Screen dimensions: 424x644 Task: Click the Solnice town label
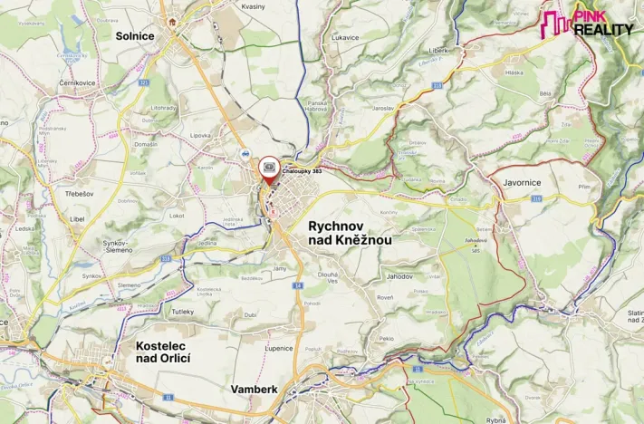click(x=135, y=35)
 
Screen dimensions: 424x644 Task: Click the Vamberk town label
click(x=255, y=389)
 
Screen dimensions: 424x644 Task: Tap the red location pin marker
click(x=269, y=169)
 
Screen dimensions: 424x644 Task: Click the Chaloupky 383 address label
click(x=302, y=169)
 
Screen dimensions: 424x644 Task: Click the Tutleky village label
click(x=183, y=312)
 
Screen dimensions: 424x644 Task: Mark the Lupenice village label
click(x=278, y=347)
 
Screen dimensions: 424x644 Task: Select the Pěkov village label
click(x=387, y=338)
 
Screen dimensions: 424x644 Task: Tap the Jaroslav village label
click(x=382, y=108)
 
